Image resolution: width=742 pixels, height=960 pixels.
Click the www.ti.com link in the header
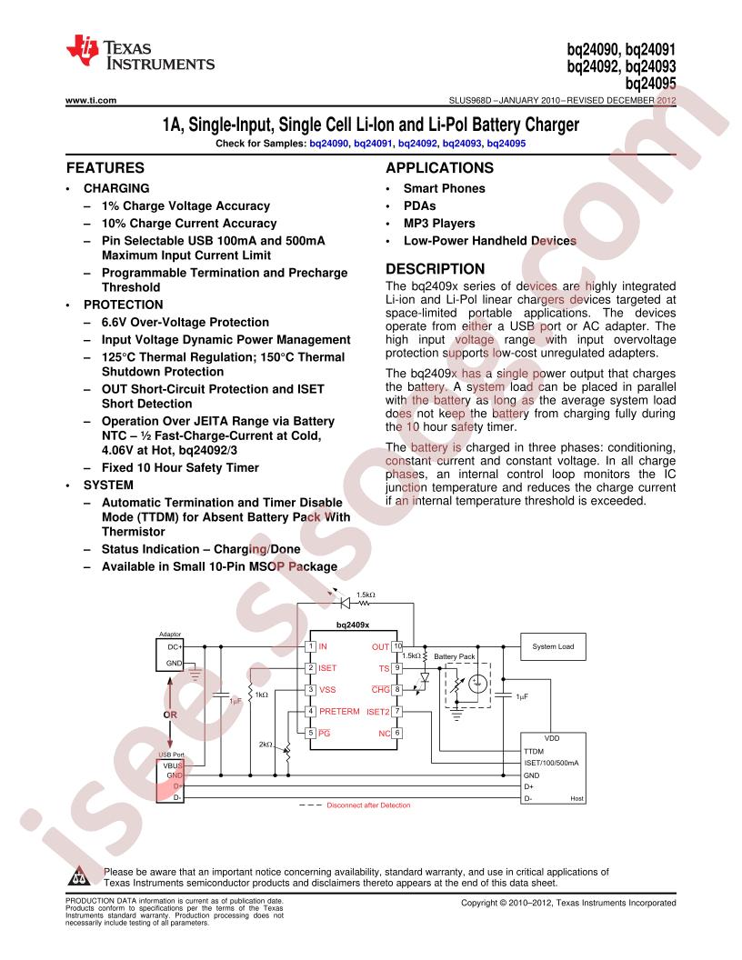click(x=91, y=100)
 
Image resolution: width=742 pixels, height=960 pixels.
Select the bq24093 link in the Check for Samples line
click(x=462, y=144)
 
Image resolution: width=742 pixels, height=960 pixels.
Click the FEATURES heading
click(x=105, y=168)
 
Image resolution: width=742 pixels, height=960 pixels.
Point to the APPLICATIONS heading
click(x=439, y=168)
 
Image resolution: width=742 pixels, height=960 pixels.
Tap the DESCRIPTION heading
click(x=436, y=269)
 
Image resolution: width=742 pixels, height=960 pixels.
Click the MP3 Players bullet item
click(x=439, y=224)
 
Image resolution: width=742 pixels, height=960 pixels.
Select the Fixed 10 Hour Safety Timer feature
click(x=180, y=468)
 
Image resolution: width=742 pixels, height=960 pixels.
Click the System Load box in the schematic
click(x=553, y=646)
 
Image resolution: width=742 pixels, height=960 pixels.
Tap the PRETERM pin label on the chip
click(x=339, y=712)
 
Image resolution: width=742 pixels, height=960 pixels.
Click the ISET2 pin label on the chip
click(x=377, y=712)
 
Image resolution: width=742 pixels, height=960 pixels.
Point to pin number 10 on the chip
click(x=397, y=646)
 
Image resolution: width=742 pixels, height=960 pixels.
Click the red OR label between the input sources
click(x=169, y=715)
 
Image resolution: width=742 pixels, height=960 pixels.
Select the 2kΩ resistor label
click(x=266, y=745)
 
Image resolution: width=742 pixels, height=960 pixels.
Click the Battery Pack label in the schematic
click(x=455, y=656)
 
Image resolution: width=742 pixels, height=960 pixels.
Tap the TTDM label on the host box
click(x=534, y=751)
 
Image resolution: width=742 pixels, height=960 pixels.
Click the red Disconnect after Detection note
click(x=368, y=805)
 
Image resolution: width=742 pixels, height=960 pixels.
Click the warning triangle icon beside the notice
click(x=80, y=876)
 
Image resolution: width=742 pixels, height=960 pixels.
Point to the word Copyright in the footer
click(x=479, y=903)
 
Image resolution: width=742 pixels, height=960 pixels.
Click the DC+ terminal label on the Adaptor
click(x=175, y=646)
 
